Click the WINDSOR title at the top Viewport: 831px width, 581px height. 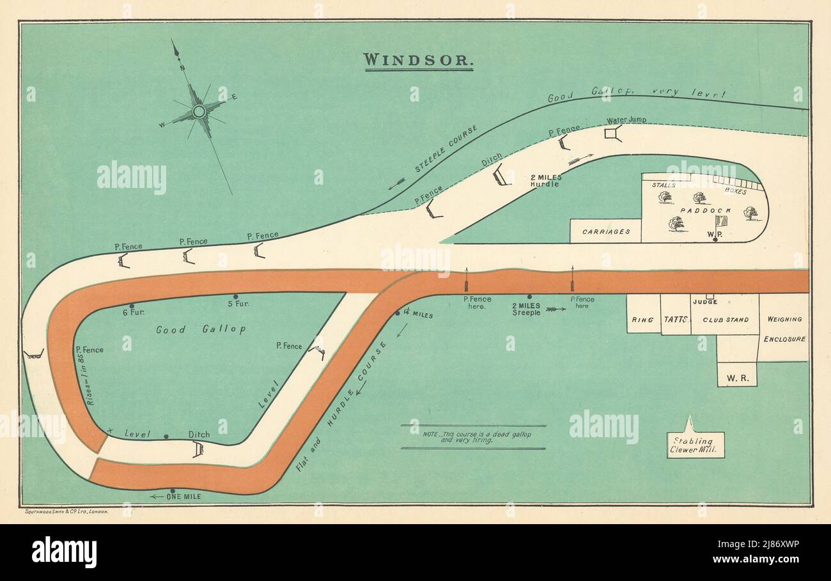[x=418, y=61]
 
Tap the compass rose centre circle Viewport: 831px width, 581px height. [x=199, y=111]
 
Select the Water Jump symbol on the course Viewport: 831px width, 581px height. [x=613, y=133]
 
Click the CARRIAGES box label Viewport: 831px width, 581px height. [x=605, y=231]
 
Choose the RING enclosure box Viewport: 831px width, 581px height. [x=642, y=320]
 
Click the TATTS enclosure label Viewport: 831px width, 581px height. [x=675, y=320]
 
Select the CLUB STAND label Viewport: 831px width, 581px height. [x=726, y=320]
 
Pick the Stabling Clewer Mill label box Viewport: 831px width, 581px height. [x=695, y=445]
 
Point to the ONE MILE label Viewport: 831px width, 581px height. [x=183, y=497]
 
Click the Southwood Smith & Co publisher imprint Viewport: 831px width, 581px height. [x=66, y=512]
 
